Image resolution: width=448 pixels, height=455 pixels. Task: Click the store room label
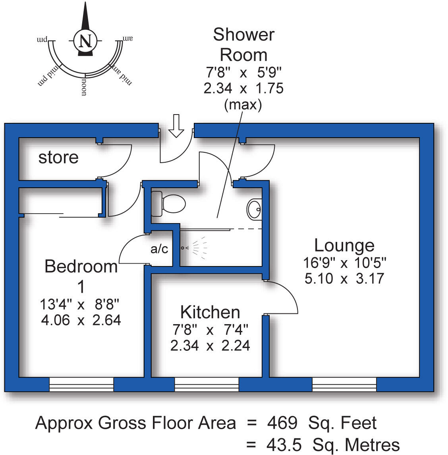pos(58,157)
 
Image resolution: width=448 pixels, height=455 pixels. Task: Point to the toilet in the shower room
pos(168,204)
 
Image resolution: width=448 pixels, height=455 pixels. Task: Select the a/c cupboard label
pos(159,249)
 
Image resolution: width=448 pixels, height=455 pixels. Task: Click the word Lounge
pos(344,245)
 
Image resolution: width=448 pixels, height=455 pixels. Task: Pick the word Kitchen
pos(210,312)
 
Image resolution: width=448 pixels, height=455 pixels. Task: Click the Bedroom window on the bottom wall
pos(81,385)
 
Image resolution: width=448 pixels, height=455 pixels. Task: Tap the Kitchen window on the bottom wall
pos(207,385)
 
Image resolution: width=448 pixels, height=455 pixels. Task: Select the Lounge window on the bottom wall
pos(344,385)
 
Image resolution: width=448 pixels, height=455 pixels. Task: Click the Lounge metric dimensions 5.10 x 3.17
pos(344,278)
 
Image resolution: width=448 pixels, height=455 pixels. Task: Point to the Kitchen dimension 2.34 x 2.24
pos(210,346)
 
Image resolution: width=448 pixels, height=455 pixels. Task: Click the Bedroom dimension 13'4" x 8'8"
pos(80,305)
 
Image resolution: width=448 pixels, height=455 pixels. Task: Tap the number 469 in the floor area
pos(282,423)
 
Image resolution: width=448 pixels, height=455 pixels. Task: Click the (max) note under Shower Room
pos(243,105)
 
